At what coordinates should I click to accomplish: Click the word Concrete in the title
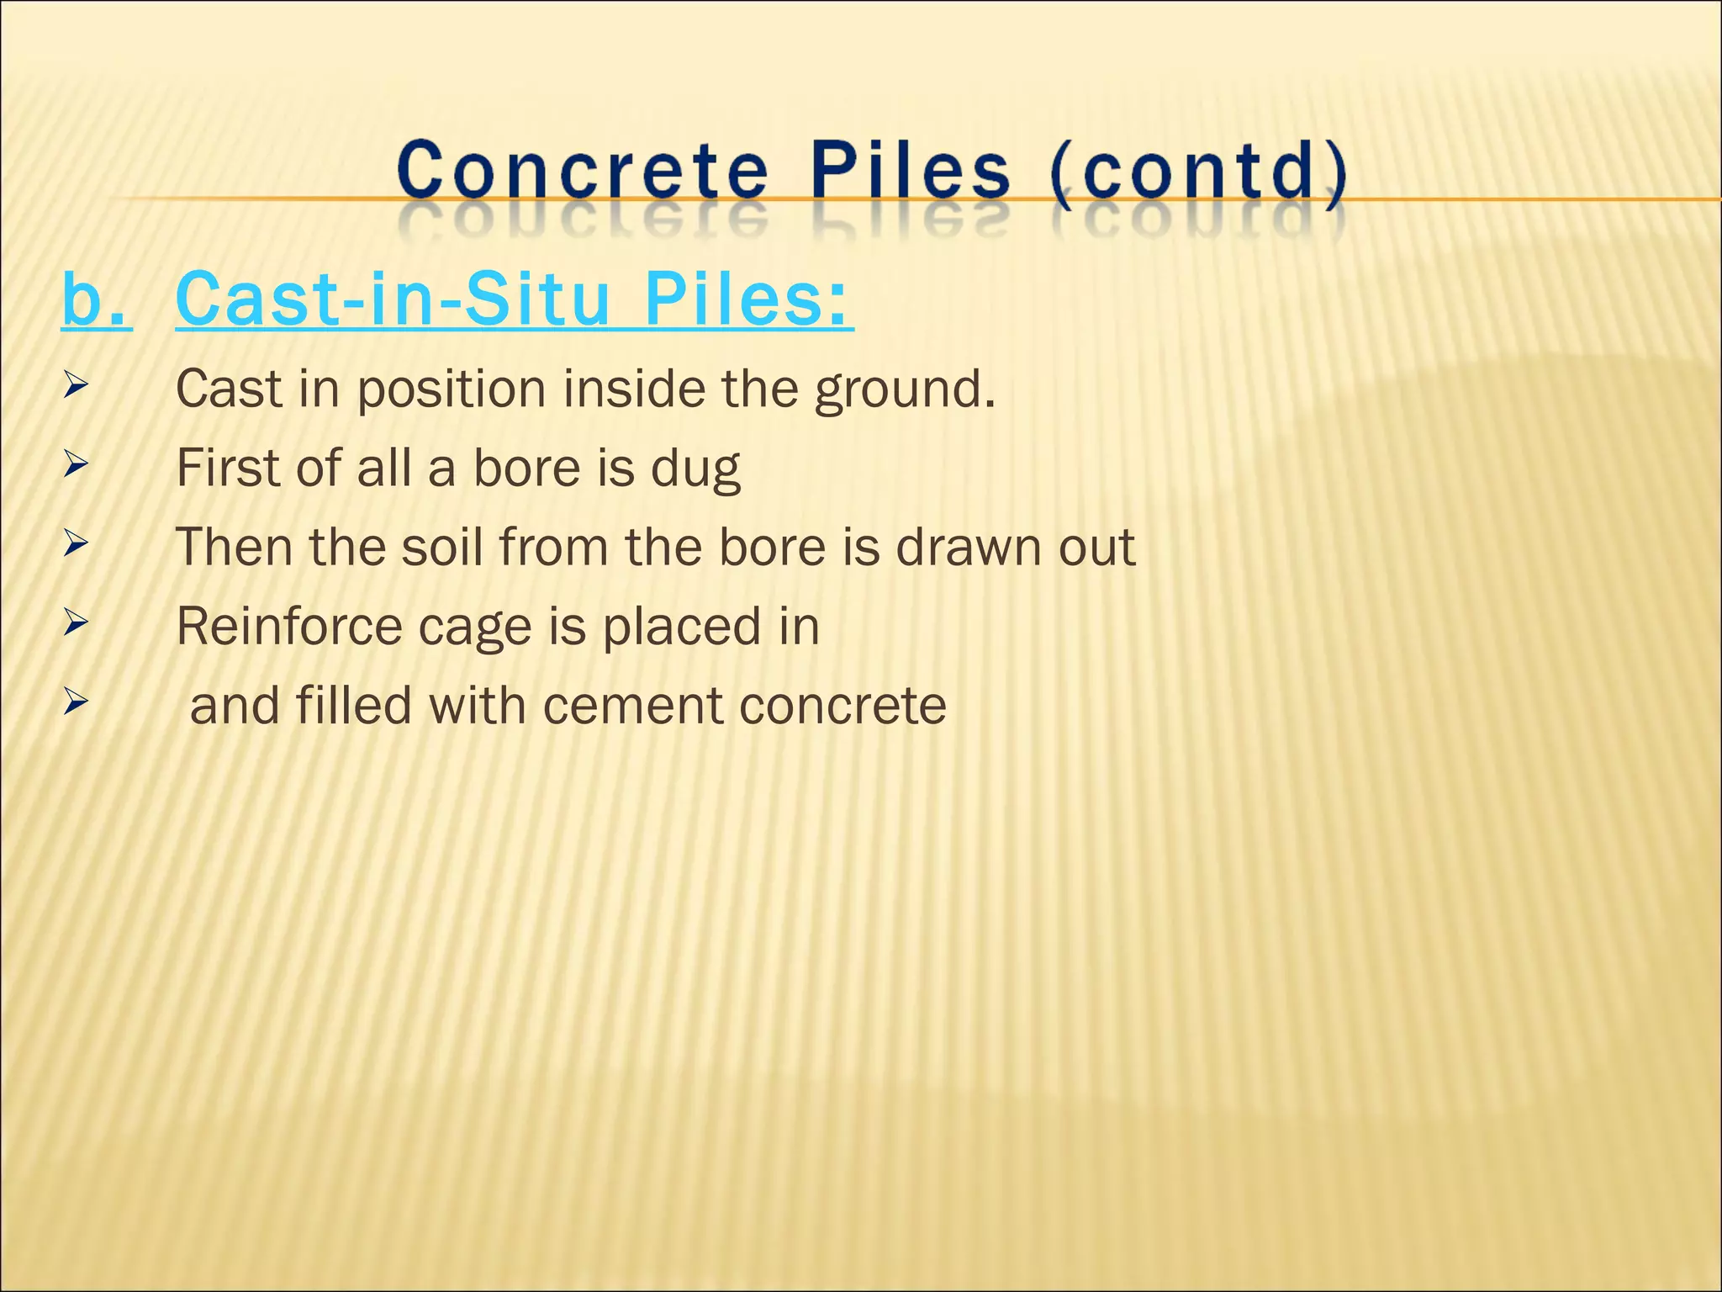tap(583, 171)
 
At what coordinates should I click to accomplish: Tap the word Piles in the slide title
tap(911, 171)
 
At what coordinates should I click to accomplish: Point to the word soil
tap(441, 547)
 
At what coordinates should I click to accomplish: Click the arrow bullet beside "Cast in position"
tap(75, 387)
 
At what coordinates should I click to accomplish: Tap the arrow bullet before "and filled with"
tap(75, 702)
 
